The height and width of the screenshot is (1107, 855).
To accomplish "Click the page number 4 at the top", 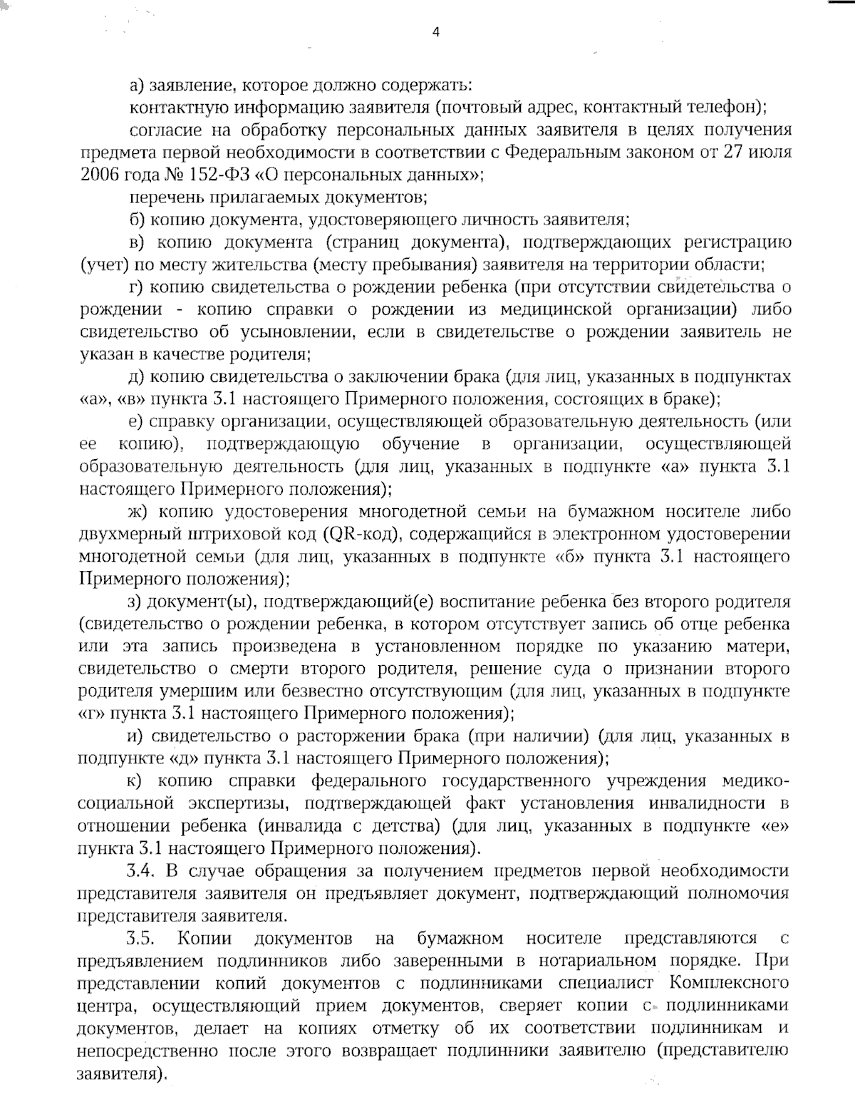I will [435, 31].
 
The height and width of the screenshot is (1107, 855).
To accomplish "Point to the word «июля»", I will [766, 153].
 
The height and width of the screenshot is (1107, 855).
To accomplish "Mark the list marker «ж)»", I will [139, 512].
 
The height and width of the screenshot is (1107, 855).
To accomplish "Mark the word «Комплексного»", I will [730, 983].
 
